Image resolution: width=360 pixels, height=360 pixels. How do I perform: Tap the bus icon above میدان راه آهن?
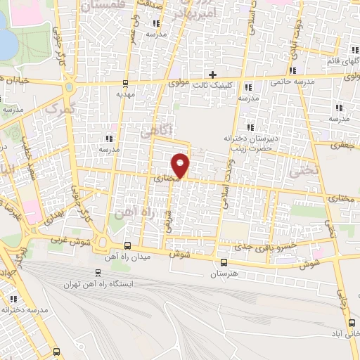(x=128, y=245)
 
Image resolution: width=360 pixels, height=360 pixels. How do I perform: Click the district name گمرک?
(x=58, y=109)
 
